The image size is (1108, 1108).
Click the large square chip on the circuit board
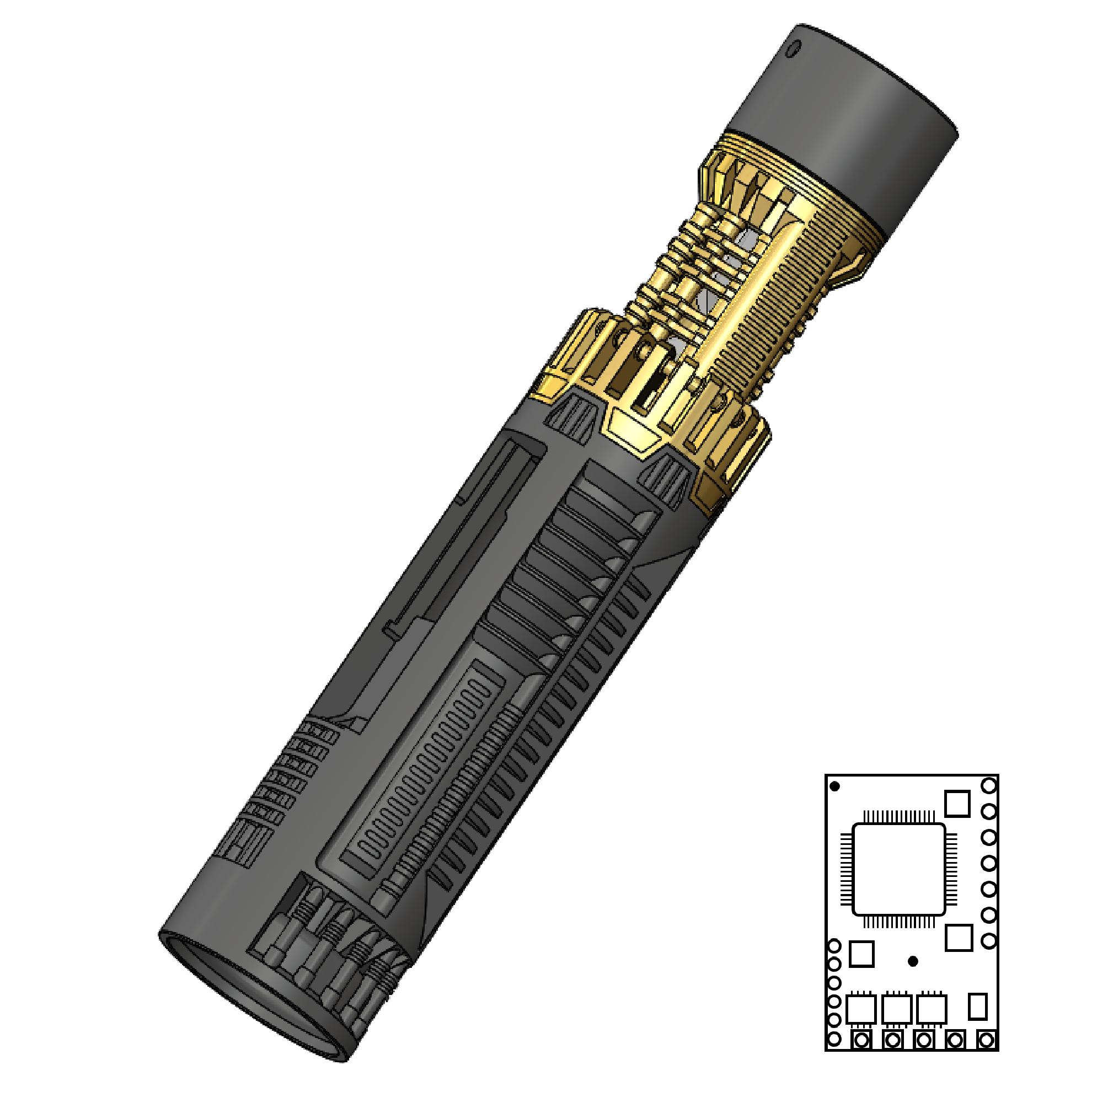898,869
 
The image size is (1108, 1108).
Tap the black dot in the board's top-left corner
835,786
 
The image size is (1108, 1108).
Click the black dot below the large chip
913,961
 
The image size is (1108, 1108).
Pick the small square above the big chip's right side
957,803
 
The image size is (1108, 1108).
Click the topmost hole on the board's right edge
989,785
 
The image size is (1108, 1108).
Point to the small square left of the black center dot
861,954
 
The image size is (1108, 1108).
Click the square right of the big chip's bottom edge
959,938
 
